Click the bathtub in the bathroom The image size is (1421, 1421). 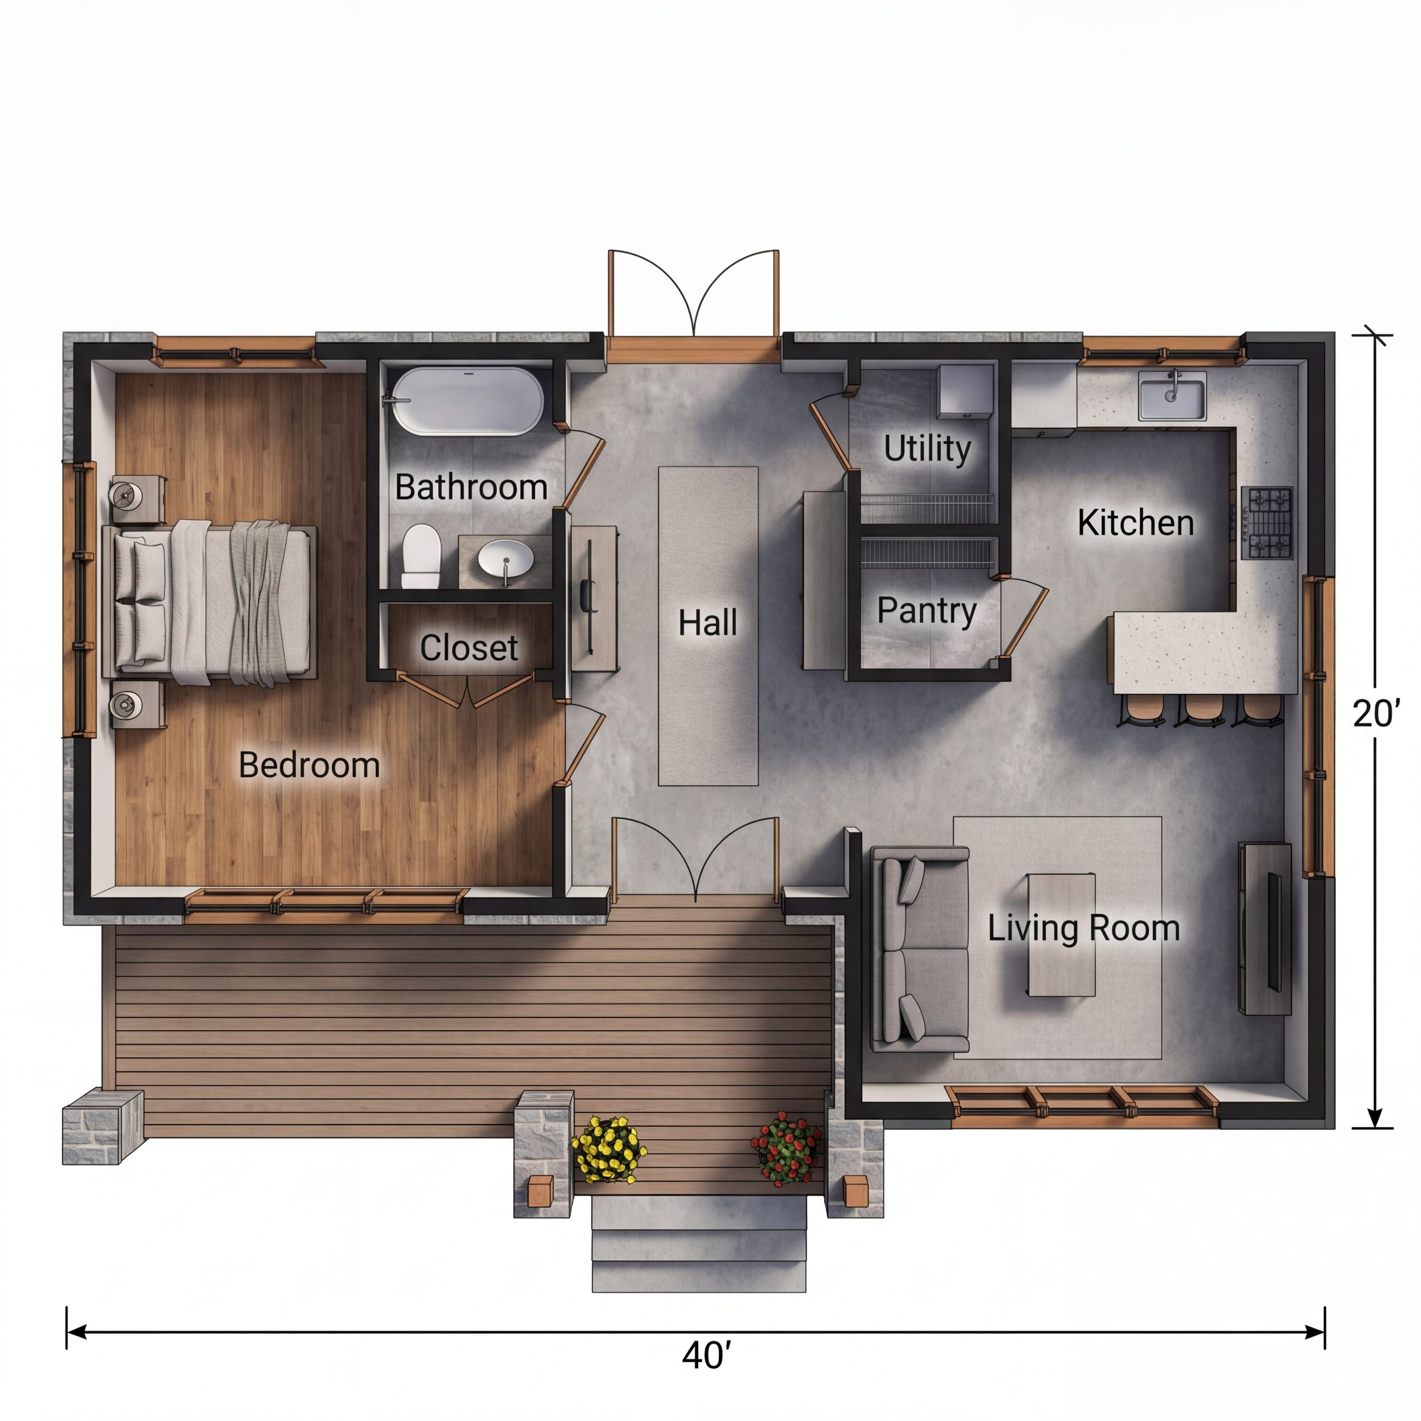pos(468,401)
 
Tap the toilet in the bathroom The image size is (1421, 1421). pos(421,555)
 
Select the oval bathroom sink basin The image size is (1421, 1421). pos(506,558)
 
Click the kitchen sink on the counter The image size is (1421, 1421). pos(1172,398)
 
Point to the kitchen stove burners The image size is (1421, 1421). pos(1267,523)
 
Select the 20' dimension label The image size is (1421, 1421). pos(1376,713)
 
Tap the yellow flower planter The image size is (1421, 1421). pos(609,1149)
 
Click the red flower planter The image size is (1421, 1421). pos(786,1147)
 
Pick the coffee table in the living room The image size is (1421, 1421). pos(1061,935)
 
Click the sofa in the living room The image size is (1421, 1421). pos(919,949)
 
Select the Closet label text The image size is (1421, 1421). pos(468,648)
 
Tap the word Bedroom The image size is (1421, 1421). pos(309,765)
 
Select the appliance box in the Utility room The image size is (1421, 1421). pos(965,391)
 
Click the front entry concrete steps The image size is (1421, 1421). pos(699,1243)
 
